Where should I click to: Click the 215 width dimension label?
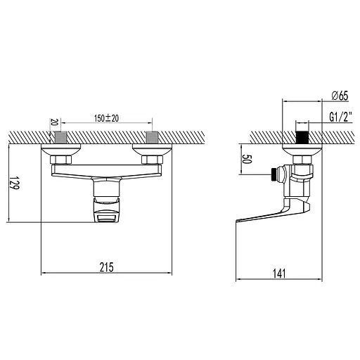click(106, 267)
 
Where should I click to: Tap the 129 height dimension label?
click(15, 183)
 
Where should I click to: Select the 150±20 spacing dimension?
click(106, 118)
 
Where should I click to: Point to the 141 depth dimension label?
click(279, 274)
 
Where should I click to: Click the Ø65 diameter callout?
click(340, 96)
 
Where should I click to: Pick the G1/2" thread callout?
click(340, 117)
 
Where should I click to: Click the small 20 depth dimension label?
click(54, 122)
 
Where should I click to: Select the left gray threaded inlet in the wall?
click(60, 137)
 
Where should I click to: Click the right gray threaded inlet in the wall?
click(152, 137)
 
